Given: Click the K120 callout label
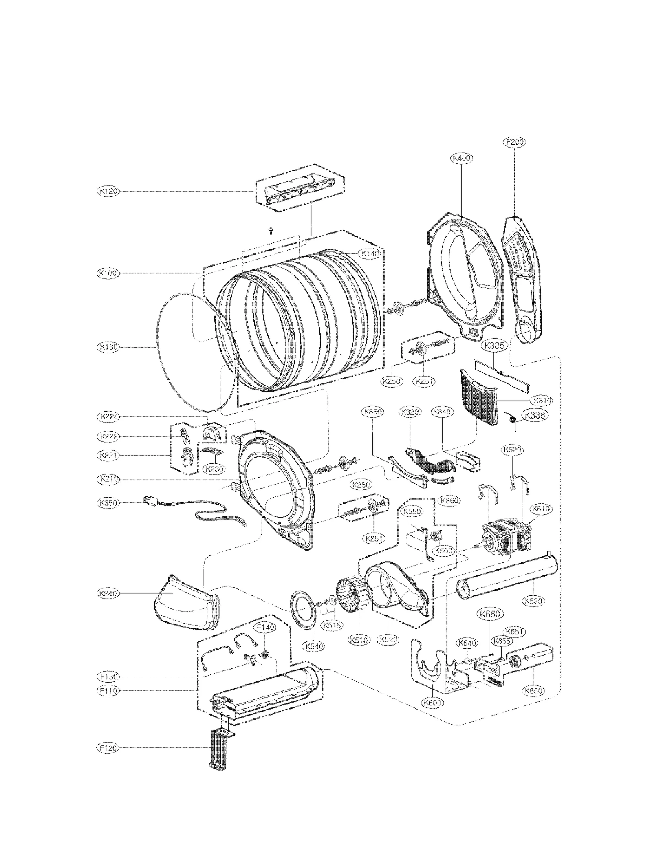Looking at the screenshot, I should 108,191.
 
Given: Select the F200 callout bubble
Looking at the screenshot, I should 515,142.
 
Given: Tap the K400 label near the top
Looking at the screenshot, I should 462,158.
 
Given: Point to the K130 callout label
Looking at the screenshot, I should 108,347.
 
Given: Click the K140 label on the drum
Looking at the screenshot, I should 370,253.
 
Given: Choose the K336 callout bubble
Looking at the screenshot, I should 535,415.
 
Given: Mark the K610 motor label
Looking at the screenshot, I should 541,509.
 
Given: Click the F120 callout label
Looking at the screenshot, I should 108,748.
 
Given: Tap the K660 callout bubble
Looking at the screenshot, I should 490,614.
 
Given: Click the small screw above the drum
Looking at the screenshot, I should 271,231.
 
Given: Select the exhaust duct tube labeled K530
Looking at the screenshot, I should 507,579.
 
